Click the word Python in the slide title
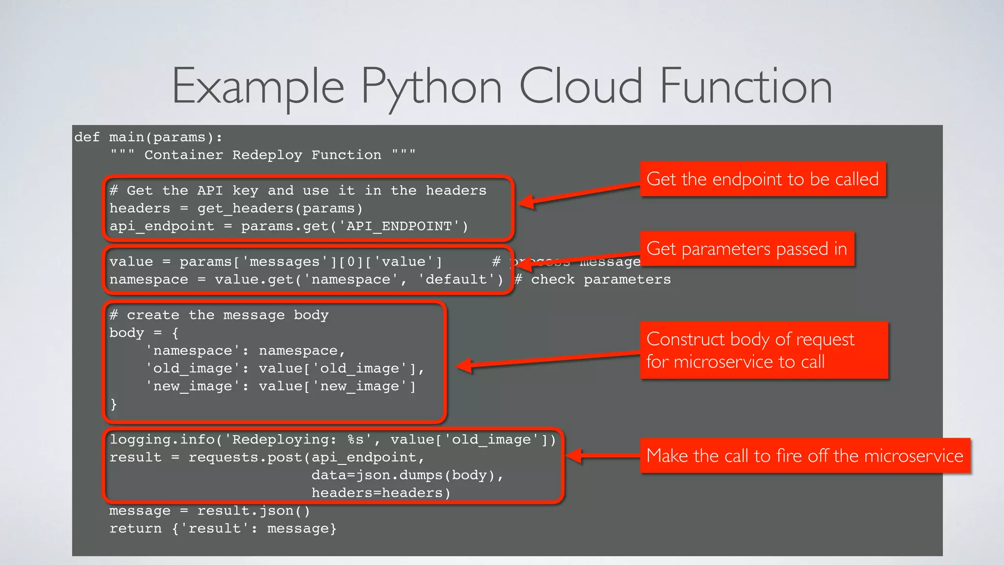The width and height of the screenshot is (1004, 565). [x=431, y=87]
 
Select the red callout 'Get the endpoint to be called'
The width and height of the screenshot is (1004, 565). [x=762, y=179]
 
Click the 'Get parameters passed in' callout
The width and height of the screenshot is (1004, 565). [x=747, y=249]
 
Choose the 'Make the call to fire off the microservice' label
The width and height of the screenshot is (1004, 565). [x=804, y=456]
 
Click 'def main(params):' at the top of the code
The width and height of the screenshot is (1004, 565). [x=148, y=137]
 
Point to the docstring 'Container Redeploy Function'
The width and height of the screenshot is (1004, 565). [x=263, y=155]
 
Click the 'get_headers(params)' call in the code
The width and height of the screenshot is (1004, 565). [x=280, y=208]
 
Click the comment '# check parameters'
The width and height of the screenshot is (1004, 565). [x=592, y=280]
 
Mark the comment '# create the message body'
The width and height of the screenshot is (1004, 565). [x=219, y=315]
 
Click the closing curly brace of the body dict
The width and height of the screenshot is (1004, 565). [x=114, y=404]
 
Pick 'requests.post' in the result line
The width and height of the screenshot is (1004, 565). [x=245, y=458]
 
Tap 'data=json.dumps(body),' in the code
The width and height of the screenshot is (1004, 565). [x=407, y=475]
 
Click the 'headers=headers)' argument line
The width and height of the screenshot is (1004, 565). [x=381, y=493]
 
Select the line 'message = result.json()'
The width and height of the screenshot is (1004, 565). [x=209, y=511]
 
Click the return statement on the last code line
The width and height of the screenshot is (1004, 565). [x=223, y=529]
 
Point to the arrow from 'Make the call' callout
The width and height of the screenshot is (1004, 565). [x=603, y=456]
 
